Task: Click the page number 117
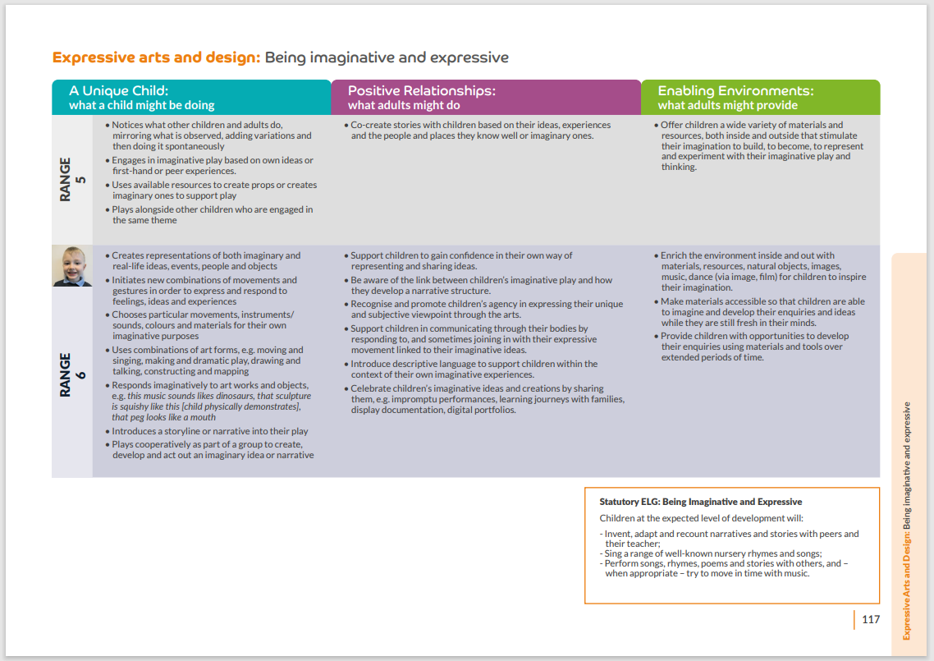tap(871, 619)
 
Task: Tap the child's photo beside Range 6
tap(72, 266)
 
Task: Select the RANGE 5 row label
tap(71, 179)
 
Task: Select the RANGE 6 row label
tap(71, 375)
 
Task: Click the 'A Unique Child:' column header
tap(119, 90)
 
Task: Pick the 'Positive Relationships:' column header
tap(422, 90)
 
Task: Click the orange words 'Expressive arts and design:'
tap(156, 57)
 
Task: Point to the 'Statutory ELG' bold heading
tap(700, 502)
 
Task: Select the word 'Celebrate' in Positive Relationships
tap(373, 388)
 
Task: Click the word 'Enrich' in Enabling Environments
tap(675, 255)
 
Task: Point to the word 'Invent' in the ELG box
tap(618, 534)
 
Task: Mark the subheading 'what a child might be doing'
tap(142, 105)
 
